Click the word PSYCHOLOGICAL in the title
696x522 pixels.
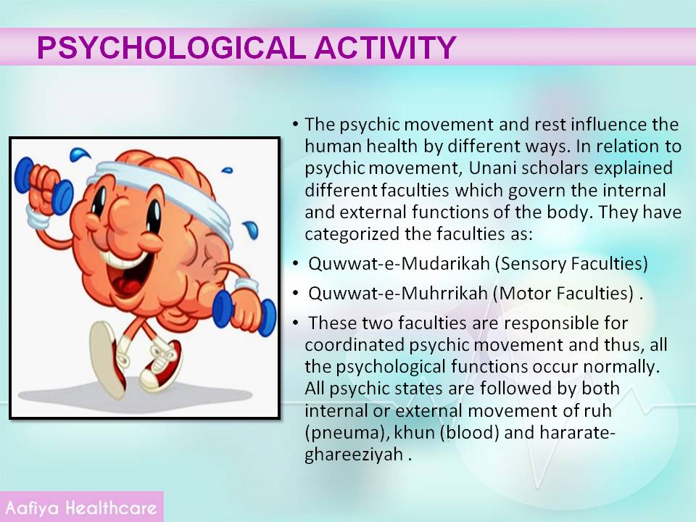(171, 47)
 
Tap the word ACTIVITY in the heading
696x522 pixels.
(385, 47)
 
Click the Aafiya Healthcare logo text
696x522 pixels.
(81, 507)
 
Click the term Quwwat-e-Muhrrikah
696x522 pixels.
(398, 294)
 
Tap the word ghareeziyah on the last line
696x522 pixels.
(353, 455)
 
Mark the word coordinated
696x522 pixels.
(355, 345)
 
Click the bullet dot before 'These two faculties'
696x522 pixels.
(296, 323)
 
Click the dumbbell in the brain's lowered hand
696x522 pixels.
(244, 312)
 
